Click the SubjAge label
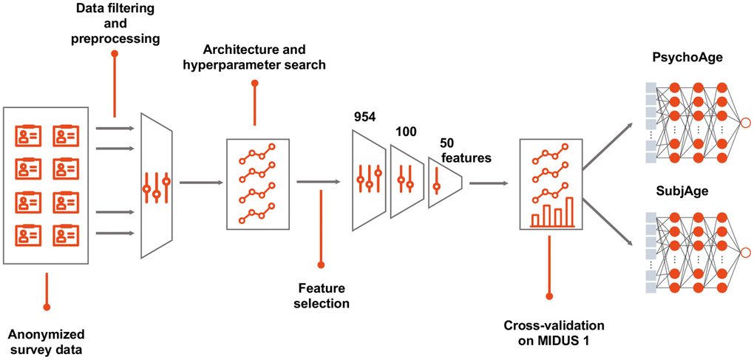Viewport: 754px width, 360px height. pos(676,191)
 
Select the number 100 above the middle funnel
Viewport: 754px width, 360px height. pos(406,132)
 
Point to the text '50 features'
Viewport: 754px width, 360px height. pos(465,149)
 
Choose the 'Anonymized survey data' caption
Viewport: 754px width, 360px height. pos(47,341)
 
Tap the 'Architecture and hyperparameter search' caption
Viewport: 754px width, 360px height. pos(265,58)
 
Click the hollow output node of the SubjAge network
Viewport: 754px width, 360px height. pos(745,252)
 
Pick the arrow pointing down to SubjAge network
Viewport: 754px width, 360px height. pos(607,214)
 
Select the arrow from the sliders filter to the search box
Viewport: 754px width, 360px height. pos(200,182)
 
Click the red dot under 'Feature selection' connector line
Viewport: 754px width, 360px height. pos(321,264)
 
